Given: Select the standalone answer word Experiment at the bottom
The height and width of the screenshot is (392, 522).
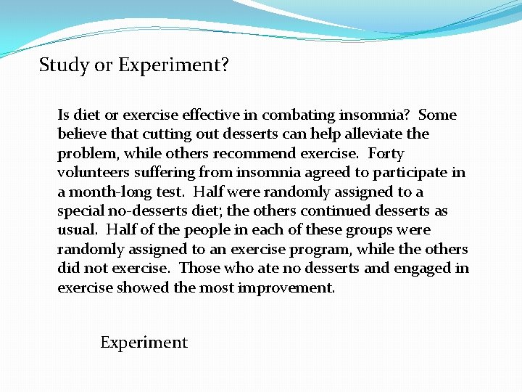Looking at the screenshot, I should [144, 343].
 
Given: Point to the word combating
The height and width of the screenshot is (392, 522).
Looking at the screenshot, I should [295, 115].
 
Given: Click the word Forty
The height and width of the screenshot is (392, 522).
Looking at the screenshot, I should [386, 153].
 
